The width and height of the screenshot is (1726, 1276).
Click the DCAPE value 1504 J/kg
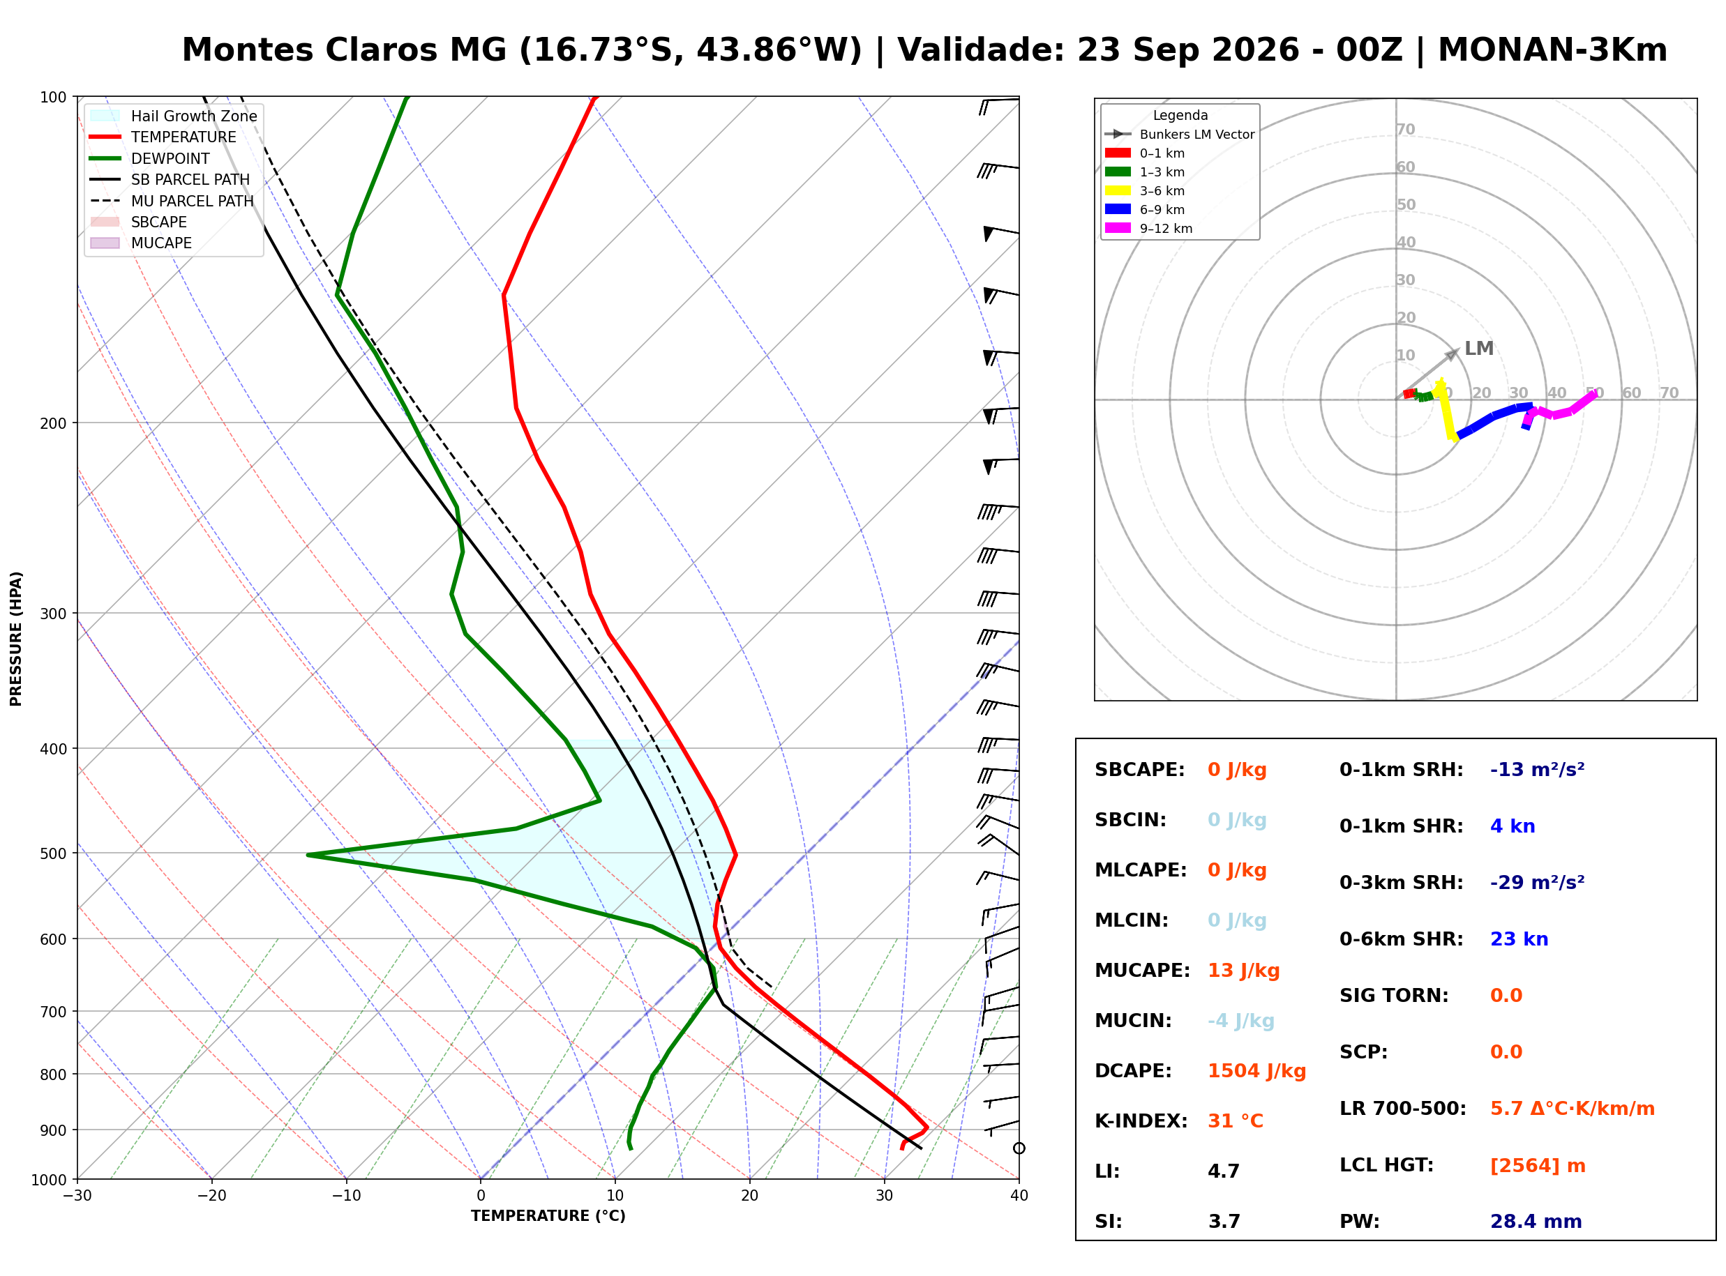(1256, 1071)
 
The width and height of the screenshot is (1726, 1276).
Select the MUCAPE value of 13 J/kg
(1243, 971)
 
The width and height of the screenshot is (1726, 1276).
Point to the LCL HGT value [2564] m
(1538, 1166)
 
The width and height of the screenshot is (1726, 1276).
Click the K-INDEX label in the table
(1141, 1121)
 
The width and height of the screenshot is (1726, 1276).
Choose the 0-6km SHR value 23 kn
(1519, 939)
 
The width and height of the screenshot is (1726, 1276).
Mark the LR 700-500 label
(1402, 1109)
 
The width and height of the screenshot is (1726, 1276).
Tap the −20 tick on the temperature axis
(211, 1196)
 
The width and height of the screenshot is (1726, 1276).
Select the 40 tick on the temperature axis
(1019, 1196)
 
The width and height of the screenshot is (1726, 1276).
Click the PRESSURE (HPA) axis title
(16, 639)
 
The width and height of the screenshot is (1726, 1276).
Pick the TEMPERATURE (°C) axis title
(548, 1216)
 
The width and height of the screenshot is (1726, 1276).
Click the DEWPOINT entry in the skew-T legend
(170, 158)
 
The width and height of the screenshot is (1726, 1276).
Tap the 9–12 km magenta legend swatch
(1117, 228)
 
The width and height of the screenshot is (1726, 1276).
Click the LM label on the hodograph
(1479, 349)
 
